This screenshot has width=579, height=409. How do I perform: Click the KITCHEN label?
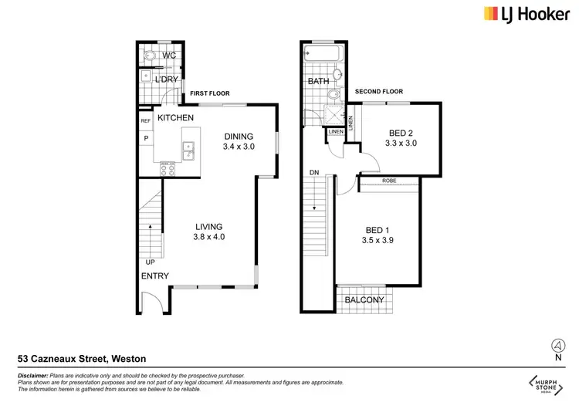(175, 118)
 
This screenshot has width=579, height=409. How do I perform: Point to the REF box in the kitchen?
(145, 121)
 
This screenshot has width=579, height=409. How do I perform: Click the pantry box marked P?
(145, 139)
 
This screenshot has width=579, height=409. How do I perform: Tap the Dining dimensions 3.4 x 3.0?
(239, 146)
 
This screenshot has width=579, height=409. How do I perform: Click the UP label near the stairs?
(149, 262)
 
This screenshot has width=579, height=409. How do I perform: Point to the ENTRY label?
(154, 276)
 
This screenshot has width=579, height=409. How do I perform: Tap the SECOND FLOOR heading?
(379, 92)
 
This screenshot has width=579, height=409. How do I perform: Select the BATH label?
(318, 81)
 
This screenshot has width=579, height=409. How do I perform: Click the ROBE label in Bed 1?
(390, 181)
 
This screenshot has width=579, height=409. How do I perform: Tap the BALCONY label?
(365, 300)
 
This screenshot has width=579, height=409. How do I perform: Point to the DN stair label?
(313, 172)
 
